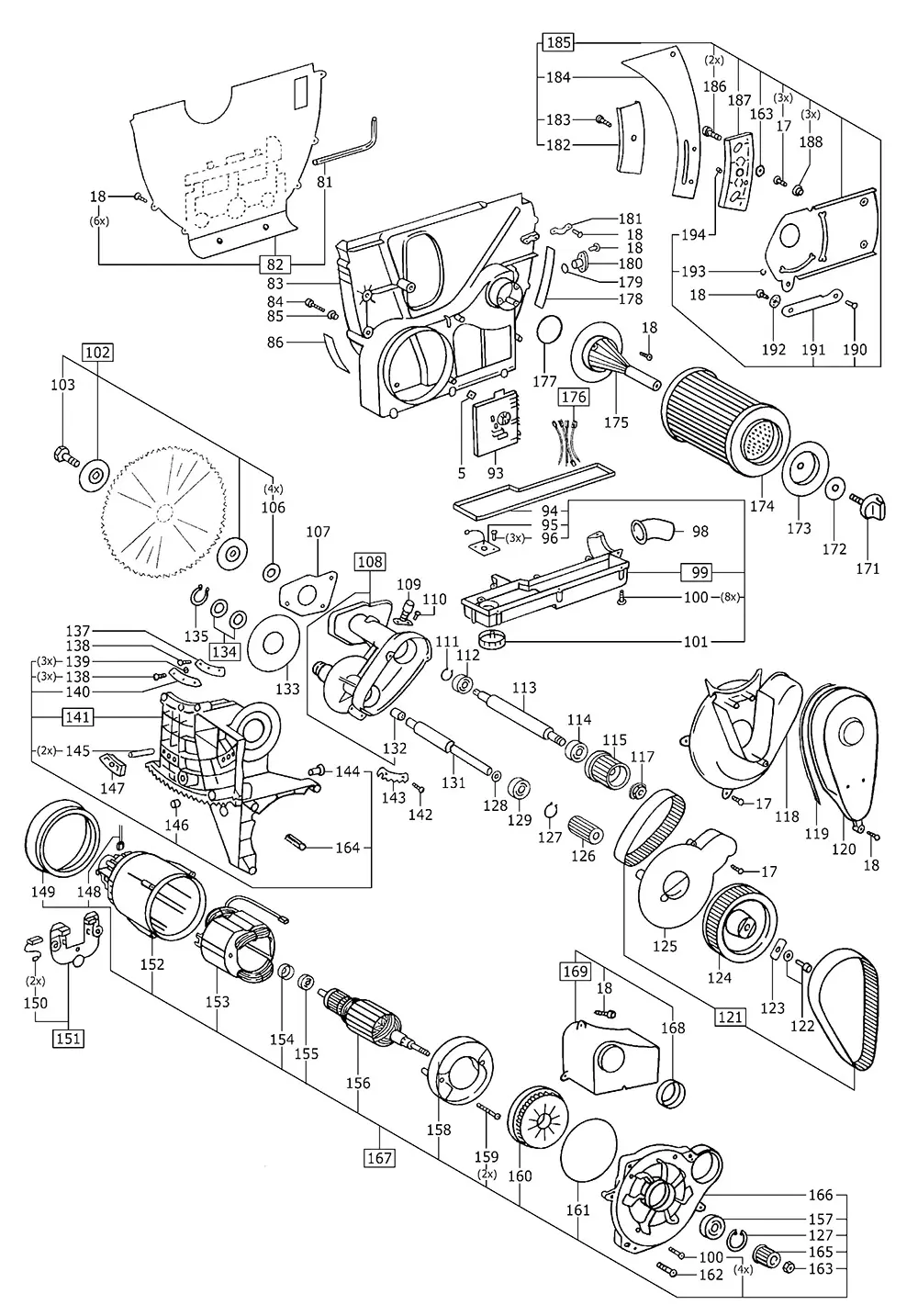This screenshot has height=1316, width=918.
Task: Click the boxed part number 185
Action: coord(558,41)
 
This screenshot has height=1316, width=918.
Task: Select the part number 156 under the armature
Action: coord(358,1083)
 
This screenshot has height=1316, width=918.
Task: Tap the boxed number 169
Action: coord(575,970)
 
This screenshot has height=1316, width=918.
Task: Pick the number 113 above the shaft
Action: coord(524,688)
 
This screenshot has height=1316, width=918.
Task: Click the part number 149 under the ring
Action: coord(43,891)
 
